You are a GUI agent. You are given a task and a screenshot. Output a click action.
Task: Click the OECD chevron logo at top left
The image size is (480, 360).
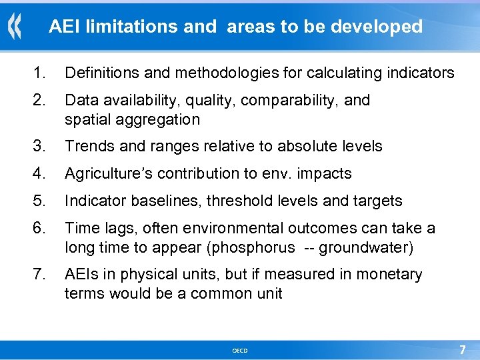[x=15, y=27]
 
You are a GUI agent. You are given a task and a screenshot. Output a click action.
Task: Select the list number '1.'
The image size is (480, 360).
[x=41, y=73]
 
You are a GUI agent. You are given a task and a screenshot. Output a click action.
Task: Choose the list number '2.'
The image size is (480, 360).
[x=41, y=100]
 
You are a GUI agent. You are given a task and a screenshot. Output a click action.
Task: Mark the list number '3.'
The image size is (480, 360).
[x=41, y=146]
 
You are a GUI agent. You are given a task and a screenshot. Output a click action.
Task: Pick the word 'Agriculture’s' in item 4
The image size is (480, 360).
[x=105, y=173]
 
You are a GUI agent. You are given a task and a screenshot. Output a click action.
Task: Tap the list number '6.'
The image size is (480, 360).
[x=41, y=228]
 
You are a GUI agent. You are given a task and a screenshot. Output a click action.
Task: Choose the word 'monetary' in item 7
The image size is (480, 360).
[x=389, y=274]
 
